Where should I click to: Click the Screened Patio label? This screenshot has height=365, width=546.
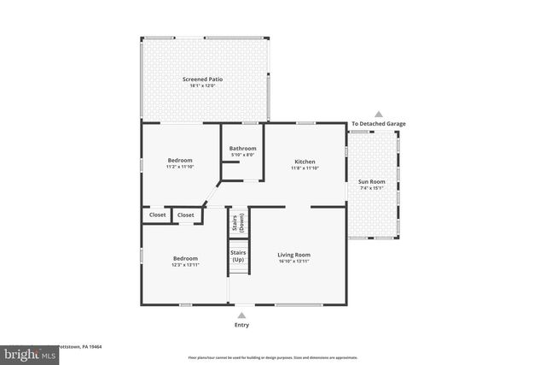click(x=202, y=79)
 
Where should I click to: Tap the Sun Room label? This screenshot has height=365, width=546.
click(x=370, y=182)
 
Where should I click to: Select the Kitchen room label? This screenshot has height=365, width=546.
click(x=305, y=162)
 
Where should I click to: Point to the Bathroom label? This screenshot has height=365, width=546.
click(x=242, y=149)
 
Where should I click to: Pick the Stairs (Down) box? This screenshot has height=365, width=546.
click(x=240, y=222)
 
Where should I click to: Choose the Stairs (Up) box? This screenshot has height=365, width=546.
click(x=240, y=256)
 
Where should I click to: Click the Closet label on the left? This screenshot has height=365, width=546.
click(x=158, y=215)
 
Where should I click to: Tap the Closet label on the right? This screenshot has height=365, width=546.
click(x=186, y=215)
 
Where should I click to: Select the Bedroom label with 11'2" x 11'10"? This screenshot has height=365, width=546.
click(x=180, y=160)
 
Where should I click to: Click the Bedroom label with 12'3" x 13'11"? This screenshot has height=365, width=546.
click(x=185, y=258)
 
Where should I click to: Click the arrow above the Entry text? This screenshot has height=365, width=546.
click(x=242, y=314)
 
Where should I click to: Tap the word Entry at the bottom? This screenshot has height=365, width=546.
click(x=242, y=326)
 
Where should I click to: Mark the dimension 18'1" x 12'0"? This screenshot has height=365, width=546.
click(x=202, y=85)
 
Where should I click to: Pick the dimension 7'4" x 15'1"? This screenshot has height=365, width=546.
click(x=370, y=189)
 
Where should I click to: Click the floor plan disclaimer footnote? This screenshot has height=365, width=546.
click(x=273, y=356)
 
